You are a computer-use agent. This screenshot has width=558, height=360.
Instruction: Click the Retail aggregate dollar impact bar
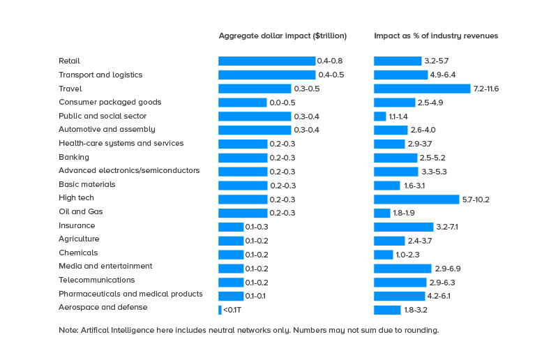[x=266, y=61]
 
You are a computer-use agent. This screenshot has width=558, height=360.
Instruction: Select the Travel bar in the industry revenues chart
[x=422, y=89]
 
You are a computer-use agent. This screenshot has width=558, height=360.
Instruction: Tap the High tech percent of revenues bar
[x=416, y=200]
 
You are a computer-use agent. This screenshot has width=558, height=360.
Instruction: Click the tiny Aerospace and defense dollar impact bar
[x=220, y=310]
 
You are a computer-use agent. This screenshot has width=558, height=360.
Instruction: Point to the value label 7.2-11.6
[x=486, y=89]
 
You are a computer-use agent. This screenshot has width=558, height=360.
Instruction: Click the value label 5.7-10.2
[x=476, y=200]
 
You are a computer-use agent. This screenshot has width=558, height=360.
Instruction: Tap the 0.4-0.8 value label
[x=330, y=61]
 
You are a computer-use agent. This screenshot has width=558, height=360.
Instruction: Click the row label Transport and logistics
[x=100, y=75]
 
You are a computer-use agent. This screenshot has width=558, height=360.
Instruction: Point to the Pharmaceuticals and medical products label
[x=130, y=294]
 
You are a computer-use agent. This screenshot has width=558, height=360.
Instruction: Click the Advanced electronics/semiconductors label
[x=129, y=171]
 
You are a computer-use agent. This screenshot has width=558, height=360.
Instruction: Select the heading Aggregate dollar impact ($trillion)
[x=282, y=36]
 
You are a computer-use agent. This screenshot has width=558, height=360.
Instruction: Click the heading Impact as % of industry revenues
[x=436, y=36]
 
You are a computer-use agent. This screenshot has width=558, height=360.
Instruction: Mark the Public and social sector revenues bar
[x=379, y=117]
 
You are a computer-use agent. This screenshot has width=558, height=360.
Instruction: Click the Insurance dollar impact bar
[x=231, y=227]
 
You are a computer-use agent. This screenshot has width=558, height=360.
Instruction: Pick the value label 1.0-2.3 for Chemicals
[x=407, y=255]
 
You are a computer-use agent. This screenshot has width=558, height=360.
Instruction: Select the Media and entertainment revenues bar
[x=402, y=269]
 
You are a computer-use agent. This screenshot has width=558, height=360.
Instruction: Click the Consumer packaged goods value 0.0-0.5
[x=282, y=103]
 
